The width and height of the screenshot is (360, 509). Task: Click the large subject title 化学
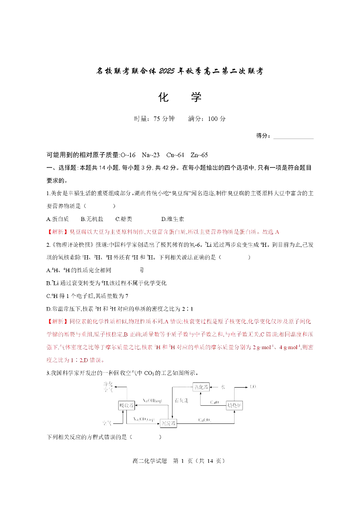click(x=180, y=97)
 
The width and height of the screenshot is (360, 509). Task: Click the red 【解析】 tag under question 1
click(x=58, y=232)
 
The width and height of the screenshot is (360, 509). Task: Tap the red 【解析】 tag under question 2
click(x=58, y=322)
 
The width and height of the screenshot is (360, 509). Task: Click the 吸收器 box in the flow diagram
click(x=126, y=405)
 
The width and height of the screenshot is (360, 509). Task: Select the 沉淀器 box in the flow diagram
click(x=168, y=423)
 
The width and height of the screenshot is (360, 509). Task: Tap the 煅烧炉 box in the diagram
click(x=235, y=405)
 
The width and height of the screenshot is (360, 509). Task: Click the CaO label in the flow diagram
click(x=215, y=402)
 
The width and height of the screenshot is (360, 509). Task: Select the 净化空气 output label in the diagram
click(x=108, y=386)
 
